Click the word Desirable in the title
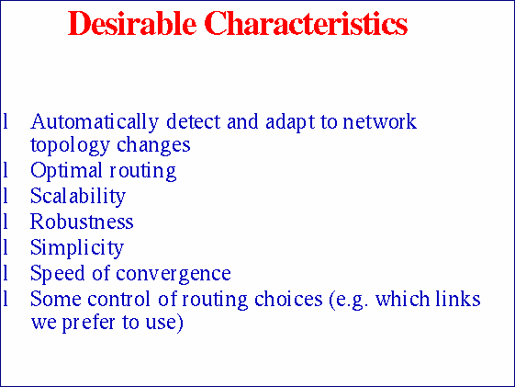[134, 24]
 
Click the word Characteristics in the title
[306, 24]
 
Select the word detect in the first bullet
[190, 122]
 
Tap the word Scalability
[77, 197]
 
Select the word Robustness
[82, 222]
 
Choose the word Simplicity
[76, 247]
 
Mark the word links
[459, 299]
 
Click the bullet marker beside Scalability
[6, 197]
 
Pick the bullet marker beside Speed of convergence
[6, 273]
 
